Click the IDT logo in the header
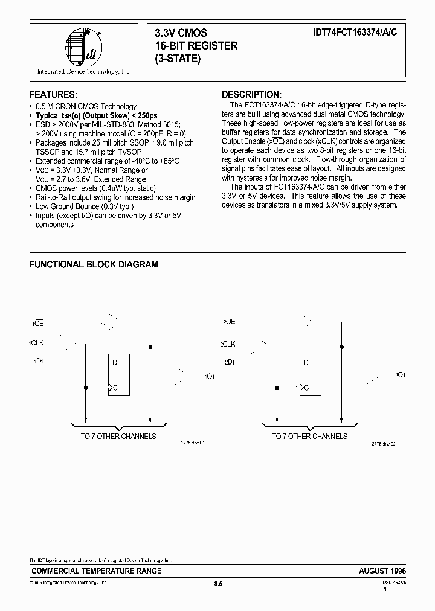[84, 49]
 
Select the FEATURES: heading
[53, 95]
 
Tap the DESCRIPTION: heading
[251, 95]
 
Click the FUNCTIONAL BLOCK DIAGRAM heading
[94, 264]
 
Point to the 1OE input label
[36, 324]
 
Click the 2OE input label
[228, 323]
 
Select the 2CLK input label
[228, 344]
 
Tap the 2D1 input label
[229, 362]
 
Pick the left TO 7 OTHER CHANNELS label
[118, 436]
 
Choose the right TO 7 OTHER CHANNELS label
[309, 436]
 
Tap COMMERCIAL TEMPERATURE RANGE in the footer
[96, 571]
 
